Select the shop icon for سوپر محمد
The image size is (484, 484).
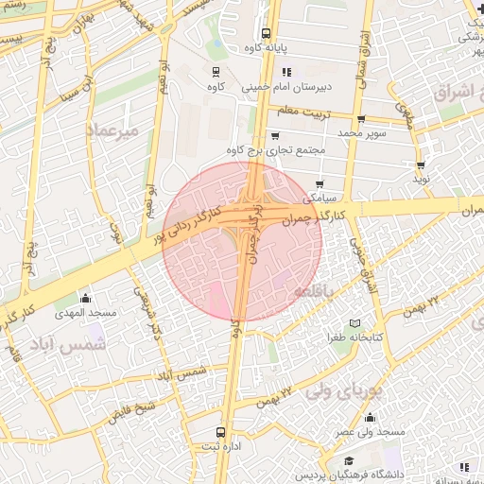(362, 119)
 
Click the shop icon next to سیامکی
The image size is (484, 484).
(320, 183)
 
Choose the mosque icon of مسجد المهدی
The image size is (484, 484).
(86, 298)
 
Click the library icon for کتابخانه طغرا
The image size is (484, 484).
(354, 323)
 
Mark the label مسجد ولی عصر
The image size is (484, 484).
(372, 431)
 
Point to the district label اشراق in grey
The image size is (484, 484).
(458, 93)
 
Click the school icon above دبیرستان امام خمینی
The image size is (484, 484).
(286, 71)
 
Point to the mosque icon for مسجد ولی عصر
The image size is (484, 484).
(369, 417)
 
